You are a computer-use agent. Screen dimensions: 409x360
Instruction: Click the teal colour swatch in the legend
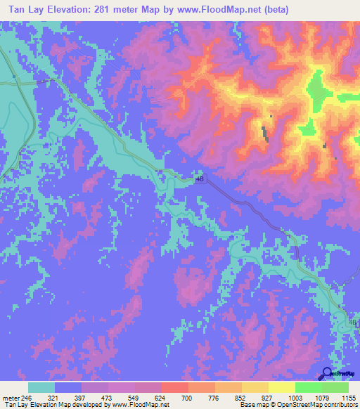41,387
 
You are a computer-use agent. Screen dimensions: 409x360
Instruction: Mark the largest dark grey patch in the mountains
264,133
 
